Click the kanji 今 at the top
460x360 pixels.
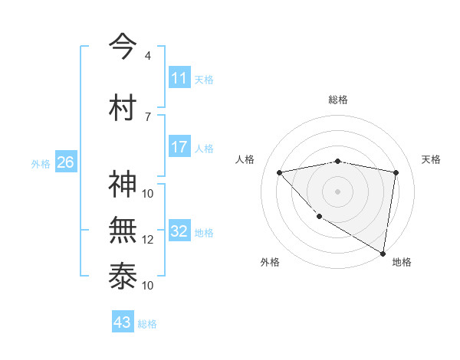pyautogui.click(x=123, y=47)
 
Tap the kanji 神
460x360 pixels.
pyautogui.click(x=123, y=185)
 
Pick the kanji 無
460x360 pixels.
pyautogui.click(x=123, y=230)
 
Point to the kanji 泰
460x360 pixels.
pyautogui.click(x=123, y=277)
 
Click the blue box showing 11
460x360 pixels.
pyautogui.click(x=179, y=79)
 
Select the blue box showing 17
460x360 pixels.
pyautogui.click(x=179, y=147)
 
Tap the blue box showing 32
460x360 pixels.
pyautogui.click(x=179, y=232)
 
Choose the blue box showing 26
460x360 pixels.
pyautogui.click(x=65, y=162)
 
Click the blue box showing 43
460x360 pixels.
pyautogui.click(x=123, y=323)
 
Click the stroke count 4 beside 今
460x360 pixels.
pyautogui.click(x=147, y=56)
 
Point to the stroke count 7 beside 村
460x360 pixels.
pyautogui.click(x=147, y=116)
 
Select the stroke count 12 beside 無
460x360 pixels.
pyautogui.click(x=148, y=240)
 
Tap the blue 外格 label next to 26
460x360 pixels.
pyautogui.click(x=41, y=163)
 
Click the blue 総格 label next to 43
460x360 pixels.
pyautogui.click(x=147, y=324)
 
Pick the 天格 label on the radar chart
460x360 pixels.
pyautogui.click(x=431, y=159)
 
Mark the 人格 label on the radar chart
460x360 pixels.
pyautogui.click(x=245, y=159)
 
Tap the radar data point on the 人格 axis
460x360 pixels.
pyautogui.click(x=279, y=172)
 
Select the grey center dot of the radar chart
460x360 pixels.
pyautogui.click(x=337, y=191)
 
